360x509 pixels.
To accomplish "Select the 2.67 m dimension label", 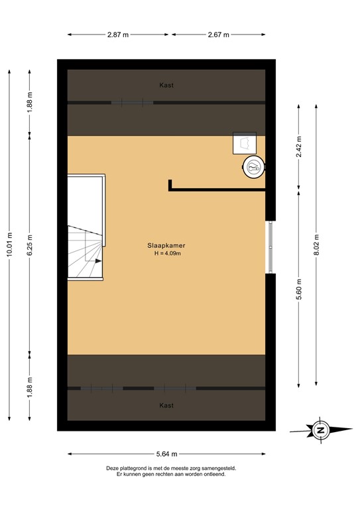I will pos(218,34).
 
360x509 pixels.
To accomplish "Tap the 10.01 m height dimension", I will pos(9,244).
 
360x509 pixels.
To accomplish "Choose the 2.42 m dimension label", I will pos(299,144).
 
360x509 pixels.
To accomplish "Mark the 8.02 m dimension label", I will pos(317,243).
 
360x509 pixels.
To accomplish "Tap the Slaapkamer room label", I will pos(166,245).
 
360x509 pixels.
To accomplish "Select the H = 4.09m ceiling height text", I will pos(166,253).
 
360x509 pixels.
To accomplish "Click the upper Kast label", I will pos(166,85).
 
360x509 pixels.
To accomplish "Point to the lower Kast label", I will pos(166,405).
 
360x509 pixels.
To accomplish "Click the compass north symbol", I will pos(320,430).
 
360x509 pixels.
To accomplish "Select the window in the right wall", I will pos(270,247).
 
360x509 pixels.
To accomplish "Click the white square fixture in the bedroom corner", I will pos(244,143).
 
